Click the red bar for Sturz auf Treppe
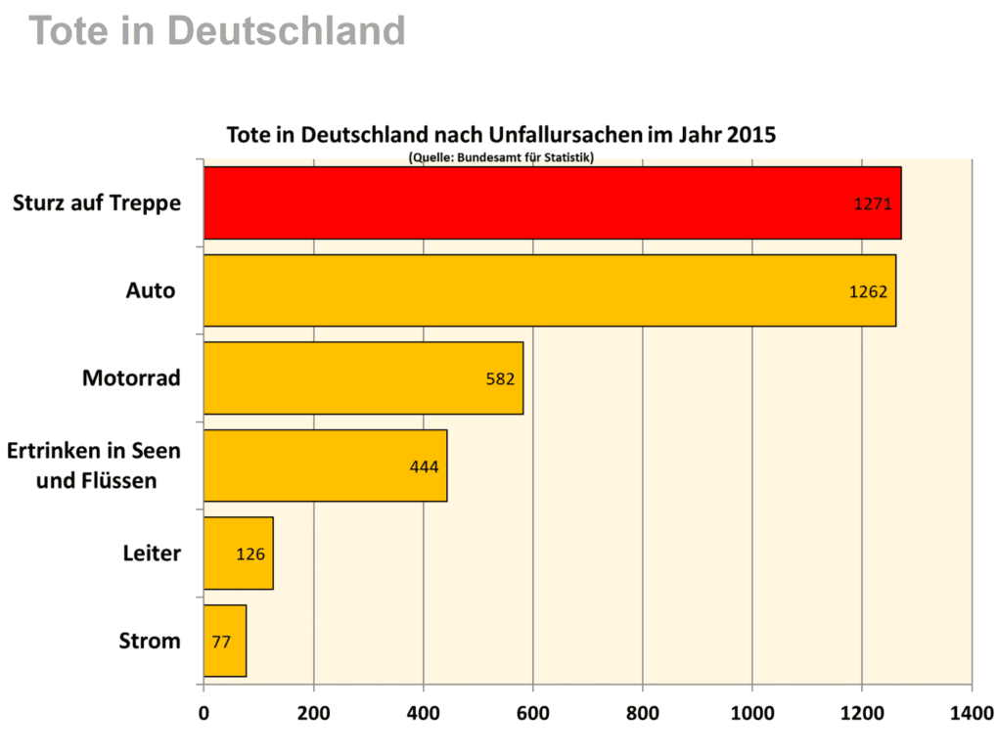tap(552, 202)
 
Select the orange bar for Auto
tap(549, 290)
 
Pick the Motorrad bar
tap(363, 377)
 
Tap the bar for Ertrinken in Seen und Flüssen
tap(325, 466)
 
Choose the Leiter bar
tap(238, 554)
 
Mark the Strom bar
tap(225, 642)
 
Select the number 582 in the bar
tap(500, 378)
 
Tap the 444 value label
tap(424, 466)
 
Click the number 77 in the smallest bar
tap(221, 643)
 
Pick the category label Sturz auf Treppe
tap(97, 203)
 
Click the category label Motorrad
tap(131, 377)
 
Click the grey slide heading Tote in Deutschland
tap(217, 31)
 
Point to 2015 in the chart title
tap(751, 135)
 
